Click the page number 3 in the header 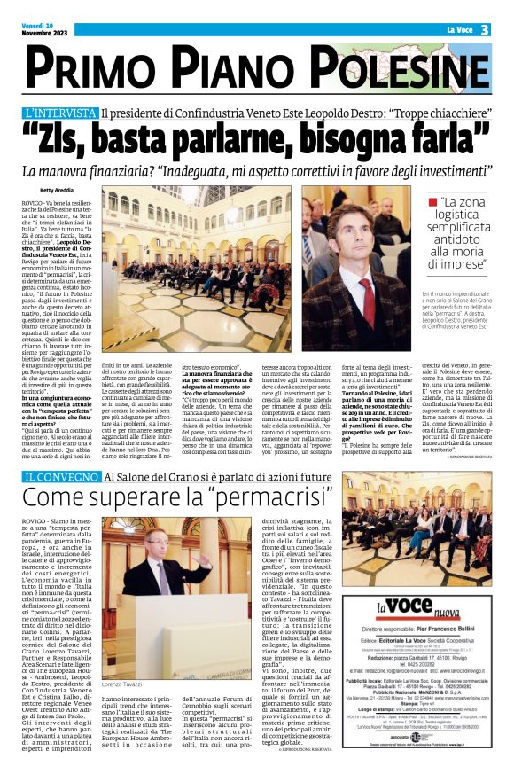pyautogui.click(x=486, y=30)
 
